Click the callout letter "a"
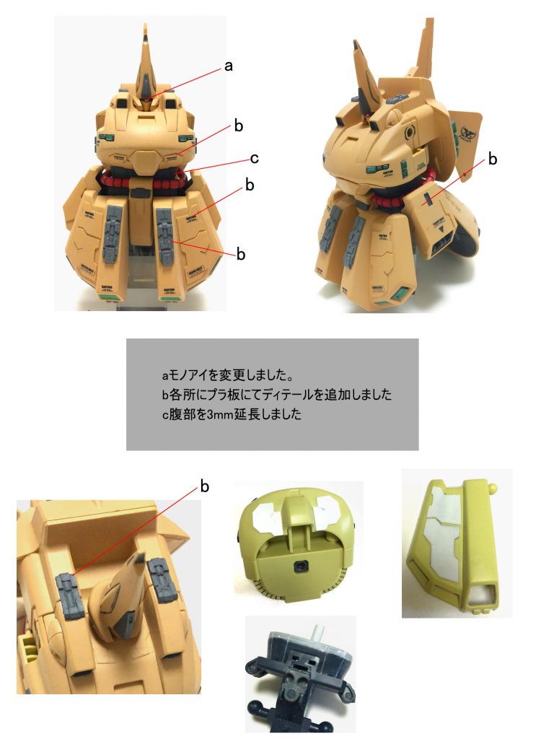[x=228, y=66]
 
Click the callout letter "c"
[x=254, y=158]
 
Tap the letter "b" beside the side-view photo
[x=493, y=159]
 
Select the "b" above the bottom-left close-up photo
[x=204, y=487]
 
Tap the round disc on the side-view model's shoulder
[x=411, y=133]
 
